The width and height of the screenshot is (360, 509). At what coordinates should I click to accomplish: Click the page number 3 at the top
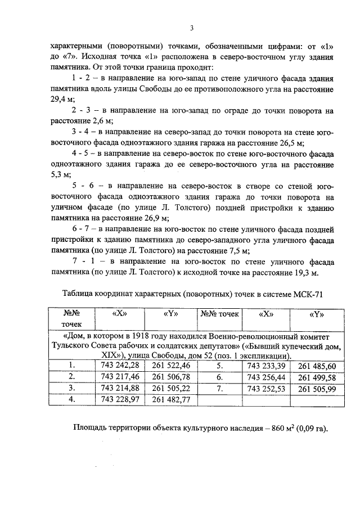pos(191,29)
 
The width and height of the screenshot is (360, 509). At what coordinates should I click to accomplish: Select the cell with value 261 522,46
pos(172,366)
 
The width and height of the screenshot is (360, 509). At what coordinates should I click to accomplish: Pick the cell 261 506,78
pos(172,377)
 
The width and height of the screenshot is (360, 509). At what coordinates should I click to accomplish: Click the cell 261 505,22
pos(172,388)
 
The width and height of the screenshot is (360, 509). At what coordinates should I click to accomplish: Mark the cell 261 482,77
pos(172,399)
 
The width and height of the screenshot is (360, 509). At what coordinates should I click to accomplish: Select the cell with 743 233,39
pos(267,366)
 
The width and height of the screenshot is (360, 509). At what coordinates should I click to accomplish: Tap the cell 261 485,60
pos(317,366)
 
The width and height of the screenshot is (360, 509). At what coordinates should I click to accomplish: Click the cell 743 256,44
pos(267,377)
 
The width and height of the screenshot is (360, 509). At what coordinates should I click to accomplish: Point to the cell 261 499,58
pos(317,377)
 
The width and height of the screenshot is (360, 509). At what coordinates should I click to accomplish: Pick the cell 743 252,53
pos(267,388)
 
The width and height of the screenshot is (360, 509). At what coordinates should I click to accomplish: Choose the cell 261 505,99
pos(317,388)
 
